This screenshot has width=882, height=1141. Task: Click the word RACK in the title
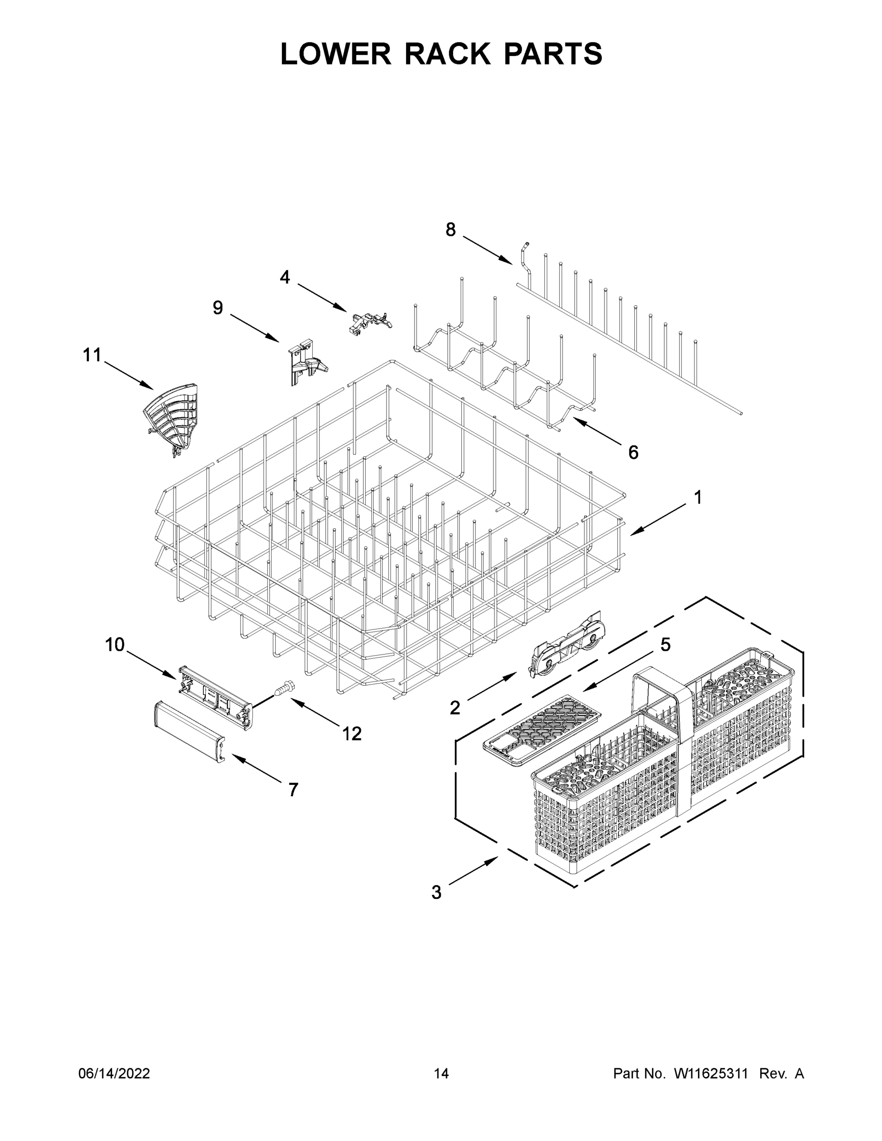(x=447, y=54)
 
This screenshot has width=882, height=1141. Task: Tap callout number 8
(x=450, y=229)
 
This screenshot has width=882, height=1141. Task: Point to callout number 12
(x=352, y=734)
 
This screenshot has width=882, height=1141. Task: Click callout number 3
(x=436, y=892)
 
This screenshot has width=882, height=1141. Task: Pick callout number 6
(x=633, y=453)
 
